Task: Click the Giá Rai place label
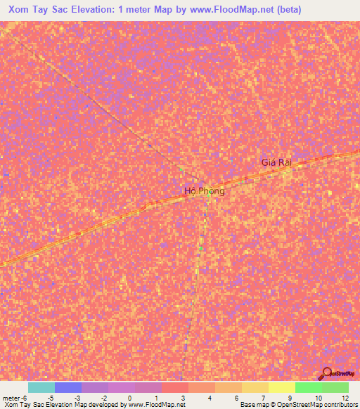(x=276, y=162)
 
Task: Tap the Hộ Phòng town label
(x=204, y=191)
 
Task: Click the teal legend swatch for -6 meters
(x=41, y=387)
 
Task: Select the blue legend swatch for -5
(x=67, y=387)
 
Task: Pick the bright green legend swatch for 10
(x=308, y=387)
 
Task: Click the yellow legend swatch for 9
(x=281, y=387)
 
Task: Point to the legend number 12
(x=346, y=397)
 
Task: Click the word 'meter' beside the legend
(x=11, y=397)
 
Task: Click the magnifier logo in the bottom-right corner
(x=328, y=374)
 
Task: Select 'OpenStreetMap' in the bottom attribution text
(x=290, y=405)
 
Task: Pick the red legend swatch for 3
(x=174, y=387)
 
